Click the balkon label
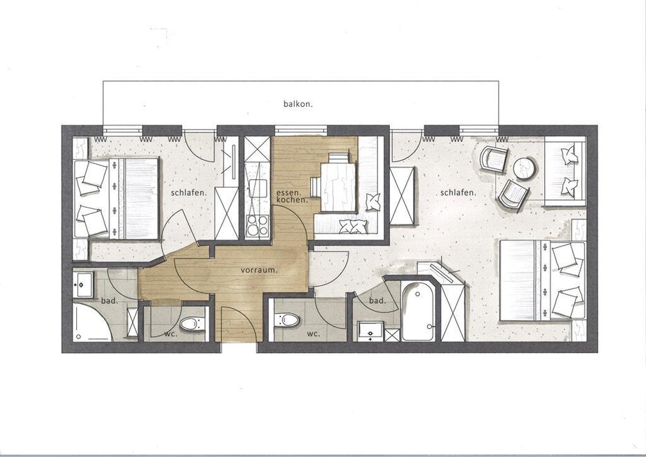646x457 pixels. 298,104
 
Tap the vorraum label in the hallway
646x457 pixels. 259,270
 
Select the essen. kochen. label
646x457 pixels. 292,196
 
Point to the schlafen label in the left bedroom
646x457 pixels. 189,192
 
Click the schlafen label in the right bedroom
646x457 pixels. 458,192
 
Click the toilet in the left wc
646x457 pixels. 192,324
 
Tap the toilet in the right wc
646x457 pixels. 287,319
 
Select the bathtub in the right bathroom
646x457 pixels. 418,310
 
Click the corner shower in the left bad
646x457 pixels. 92,322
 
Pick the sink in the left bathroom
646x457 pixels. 82,285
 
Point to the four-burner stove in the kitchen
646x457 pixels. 257,226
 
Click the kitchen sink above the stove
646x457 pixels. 258,188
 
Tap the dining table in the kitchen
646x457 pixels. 337,188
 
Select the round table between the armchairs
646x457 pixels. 524,168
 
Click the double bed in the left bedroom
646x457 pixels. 116,198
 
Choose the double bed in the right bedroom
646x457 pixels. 542,280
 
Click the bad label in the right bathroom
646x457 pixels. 377,301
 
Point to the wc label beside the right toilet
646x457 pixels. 313,334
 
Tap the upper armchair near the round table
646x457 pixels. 494,159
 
